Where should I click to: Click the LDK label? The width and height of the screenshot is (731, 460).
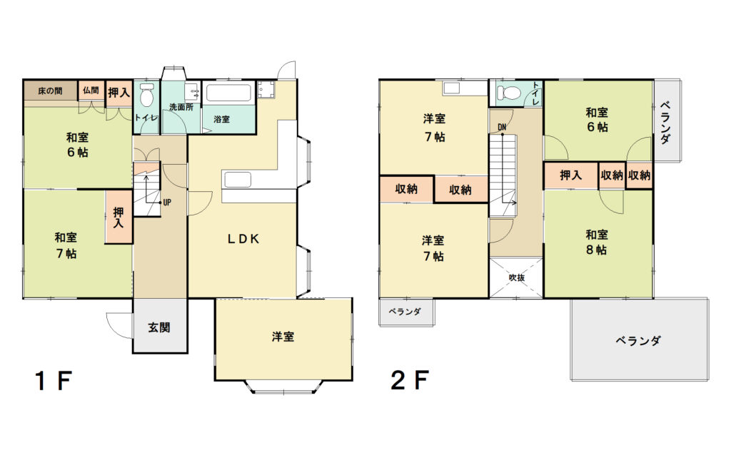[243, 239]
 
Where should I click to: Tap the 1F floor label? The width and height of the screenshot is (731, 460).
[53, 381]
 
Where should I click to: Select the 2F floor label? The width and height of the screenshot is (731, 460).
[409, 380]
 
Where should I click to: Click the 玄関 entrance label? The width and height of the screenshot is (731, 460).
[159, 327]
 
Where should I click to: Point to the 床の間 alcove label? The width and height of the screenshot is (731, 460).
[50, 91]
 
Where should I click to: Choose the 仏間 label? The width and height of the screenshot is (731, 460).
[91, 91]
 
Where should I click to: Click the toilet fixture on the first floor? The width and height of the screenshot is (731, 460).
[147, 96]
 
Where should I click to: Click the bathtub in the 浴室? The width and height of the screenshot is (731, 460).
[228, 92]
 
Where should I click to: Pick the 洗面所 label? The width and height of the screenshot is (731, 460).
[181, 107]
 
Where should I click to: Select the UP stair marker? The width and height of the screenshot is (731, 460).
[167, 203]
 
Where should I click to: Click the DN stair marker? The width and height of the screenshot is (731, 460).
[502, 127]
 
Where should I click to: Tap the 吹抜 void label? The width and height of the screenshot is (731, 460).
[517, 277]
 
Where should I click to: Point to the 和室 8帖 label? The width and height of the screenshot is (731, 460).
[597, 242]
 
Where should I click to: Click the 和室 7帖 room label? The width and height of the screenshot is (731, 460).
[66, 245]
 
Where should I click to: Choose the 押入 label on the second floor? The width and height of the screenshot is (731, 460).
[570, 175]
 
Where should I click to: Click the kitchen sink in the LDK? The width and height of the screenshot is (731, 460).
[238, 180]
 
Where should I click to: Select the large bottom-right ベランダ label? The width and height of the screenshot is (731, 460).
[637, 341]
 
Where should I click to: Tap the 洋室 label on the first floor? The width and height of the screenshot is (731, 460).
[283, 337]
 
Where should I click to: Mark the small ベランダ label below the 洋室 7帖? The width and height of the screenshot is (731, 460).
[405, 312]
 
